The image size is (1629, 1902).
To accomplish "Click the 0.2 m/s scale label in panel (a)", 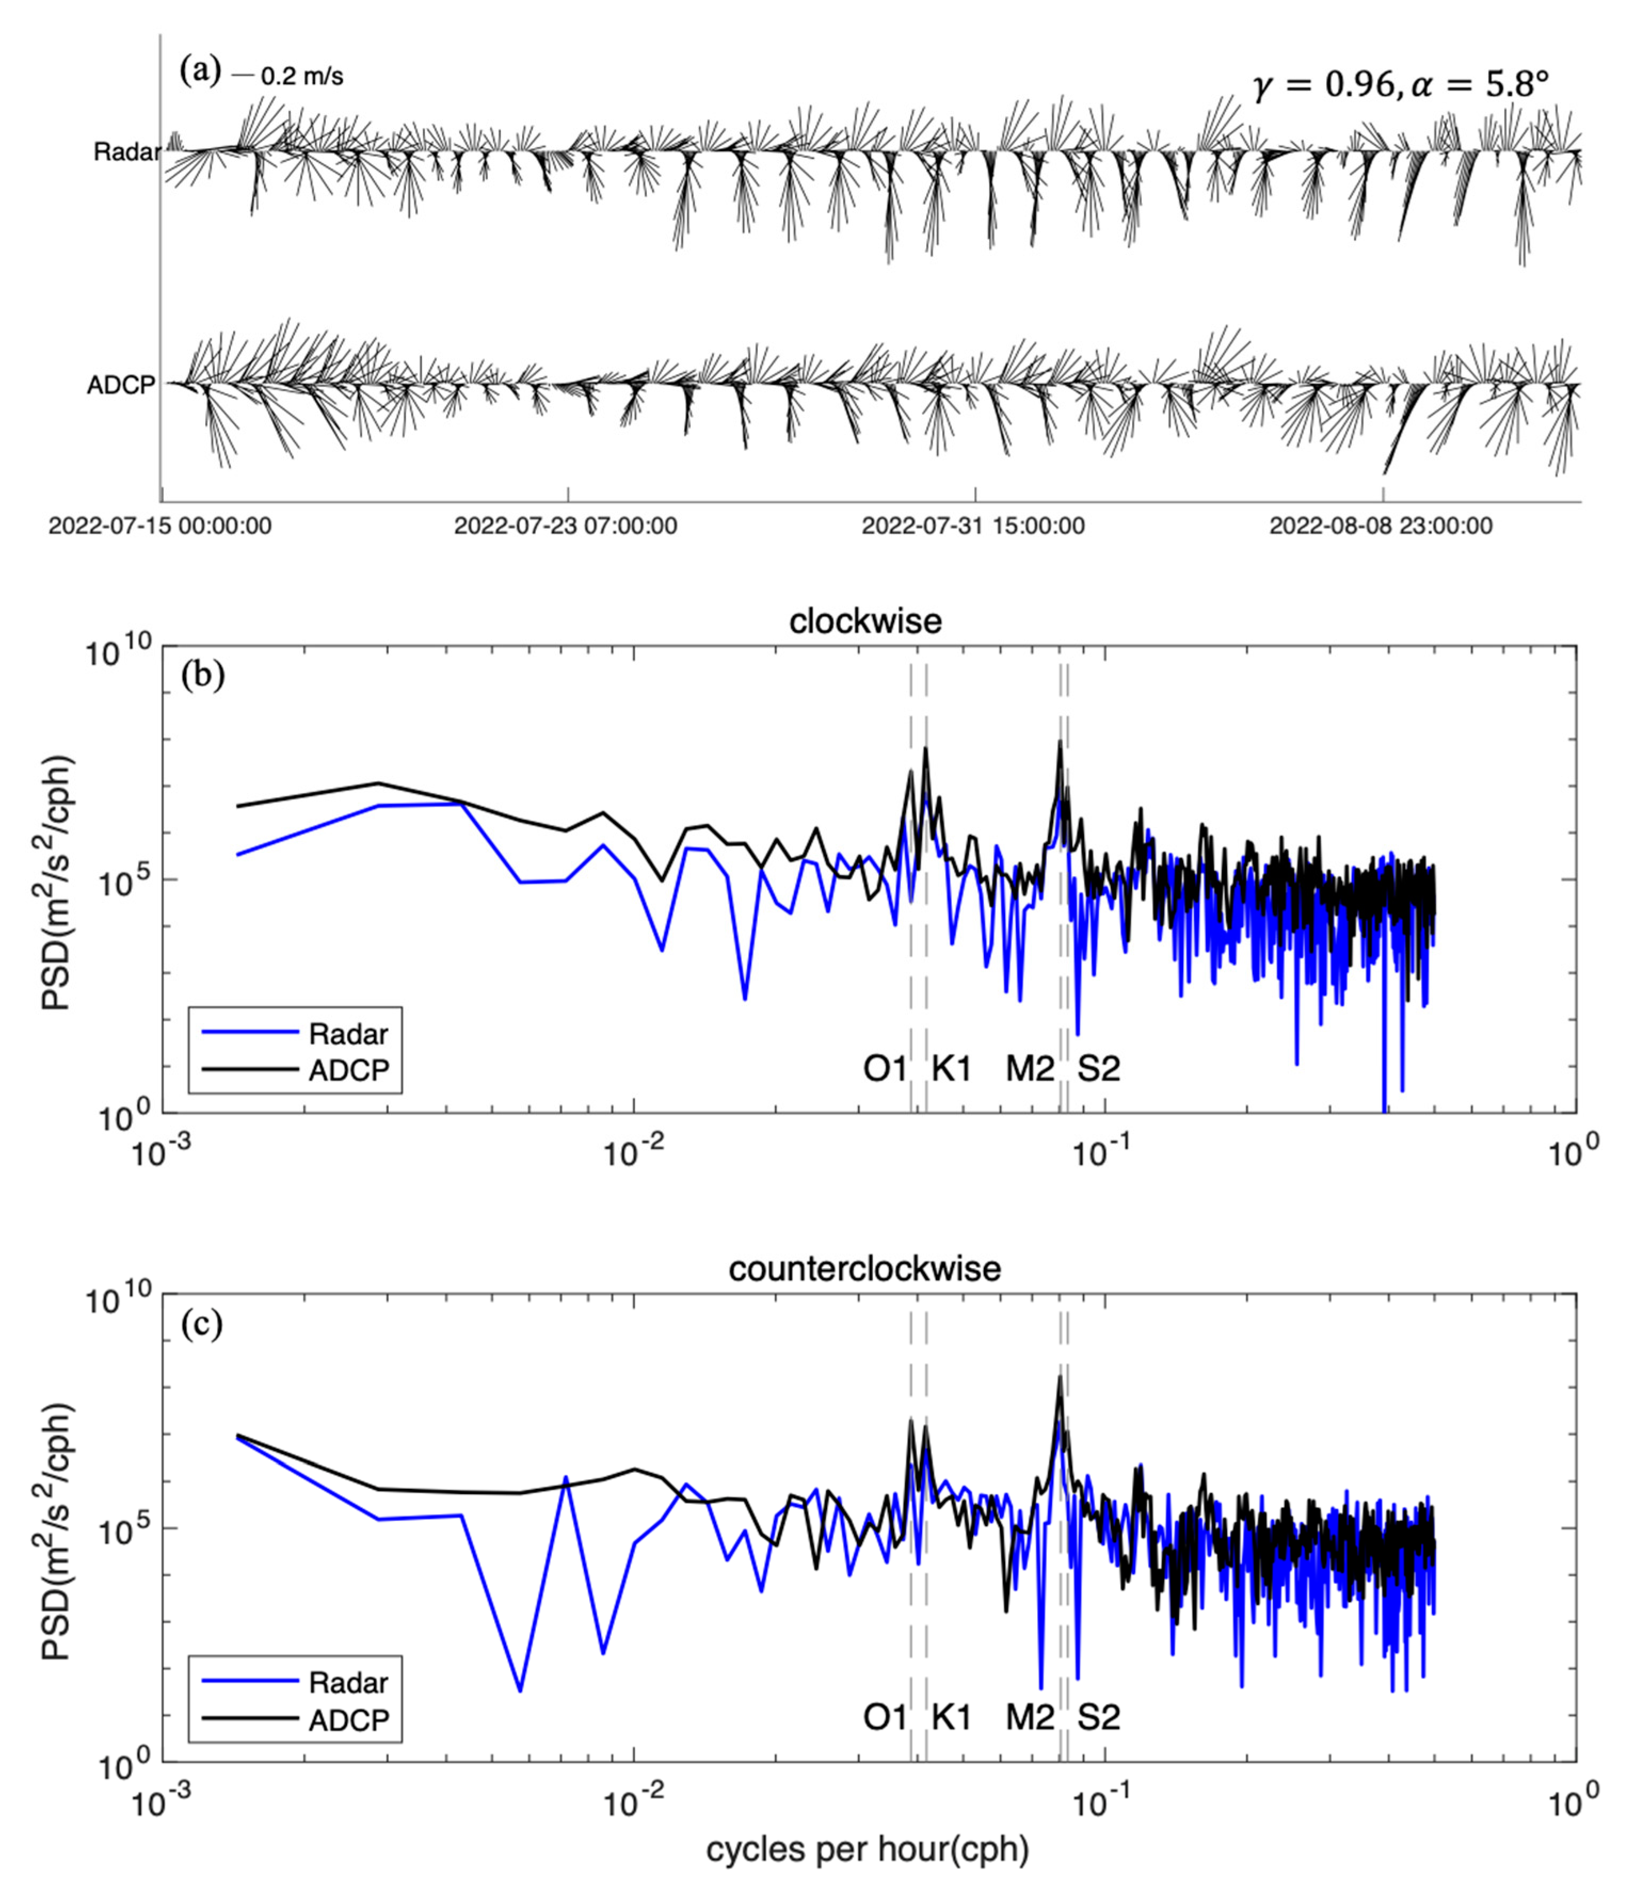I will click(x=302, y=77).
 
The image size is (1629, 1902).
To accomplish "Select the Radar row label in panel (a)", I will click(x=126, y=152).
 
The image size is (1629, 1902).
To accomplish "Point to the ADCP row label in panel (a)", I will click(x=121, y=385).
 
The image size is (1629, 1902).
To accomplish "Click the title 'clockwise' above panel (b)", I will click(x=865, y=622).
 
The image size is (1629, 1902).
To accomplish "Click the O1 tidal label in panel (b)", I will click(x=884, y=1068).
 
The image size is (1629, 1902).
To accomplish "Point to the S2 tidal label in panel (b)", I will click(x=1098, y=1068).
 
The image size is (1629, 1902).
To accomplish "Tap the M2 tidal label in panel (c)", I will click(x=1029, y=1716).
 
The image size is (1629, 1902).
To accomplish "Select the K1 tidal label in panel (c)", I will click(x=951, y=1716).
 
